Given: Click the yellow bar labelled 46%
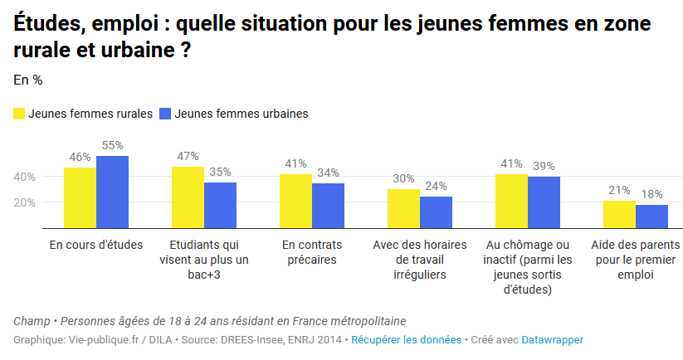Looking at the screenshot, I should (80, 197).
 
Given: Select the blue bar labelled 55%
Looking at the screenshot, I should (112, 192).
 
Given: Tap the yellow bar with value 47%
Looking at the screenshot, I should (188, 197).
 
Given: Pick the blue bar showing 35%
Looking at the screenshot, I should (220, 205).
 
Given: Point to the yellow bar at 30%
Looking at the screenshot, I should (403, 208).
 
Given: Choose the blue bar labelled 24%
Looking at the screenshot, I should (436, 212).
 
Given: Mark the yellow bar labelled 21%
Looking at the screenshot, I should (619, 214).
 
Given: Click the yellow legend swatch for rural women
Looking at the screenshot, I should (19, 114).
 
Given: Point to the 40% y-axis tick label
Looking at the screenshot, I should (24, 177).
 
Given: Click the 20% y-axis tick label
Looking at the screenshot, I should (24, 202).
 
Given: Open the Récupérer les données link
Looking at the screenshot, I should (407, 340).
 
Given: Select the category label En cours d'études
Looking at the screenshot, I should (96, 245).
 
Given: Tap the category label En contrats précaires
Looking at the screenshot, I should (311, 252).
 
